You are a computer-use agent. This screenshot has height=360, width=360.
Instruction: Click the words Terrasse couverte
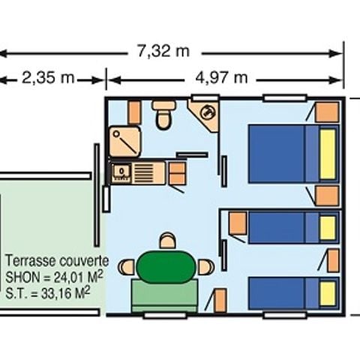click(57, 262)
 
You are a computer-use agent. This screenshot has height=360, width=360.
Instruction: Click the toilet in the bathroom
click(163, 115)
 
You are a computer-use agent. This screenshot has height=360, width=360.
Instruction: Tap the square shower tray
click(124, 141)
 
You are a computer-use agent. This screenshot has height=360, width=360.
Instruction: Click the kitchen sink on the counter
click(120, 172)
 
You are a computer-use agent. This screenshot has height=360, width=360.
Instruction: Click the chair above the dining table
click(168, 241)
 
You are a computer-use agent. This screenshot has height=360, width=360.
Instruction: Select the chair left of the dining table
click(127, 266)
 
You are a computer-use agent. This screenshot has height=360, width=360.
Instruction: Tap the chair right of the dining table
click(205, 266)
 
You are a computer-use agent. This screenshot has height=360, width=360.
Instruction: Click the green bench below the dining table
click(164, 295)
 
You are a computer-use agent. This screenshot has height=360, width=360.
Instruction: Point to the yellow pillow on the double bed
click(328, 154)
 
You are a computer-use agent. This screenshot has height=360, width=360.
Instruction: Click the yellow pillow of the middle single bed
click(327, 227)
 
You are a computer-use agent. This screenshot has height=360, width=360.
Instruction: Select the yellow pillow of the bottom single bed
click(327, 293)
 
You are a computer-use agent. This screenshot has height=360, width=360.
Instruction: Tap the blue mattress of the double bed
click(277, 154)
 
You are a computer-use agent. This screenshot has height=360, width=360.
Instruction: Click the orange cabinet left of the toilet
click(134, 112)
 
